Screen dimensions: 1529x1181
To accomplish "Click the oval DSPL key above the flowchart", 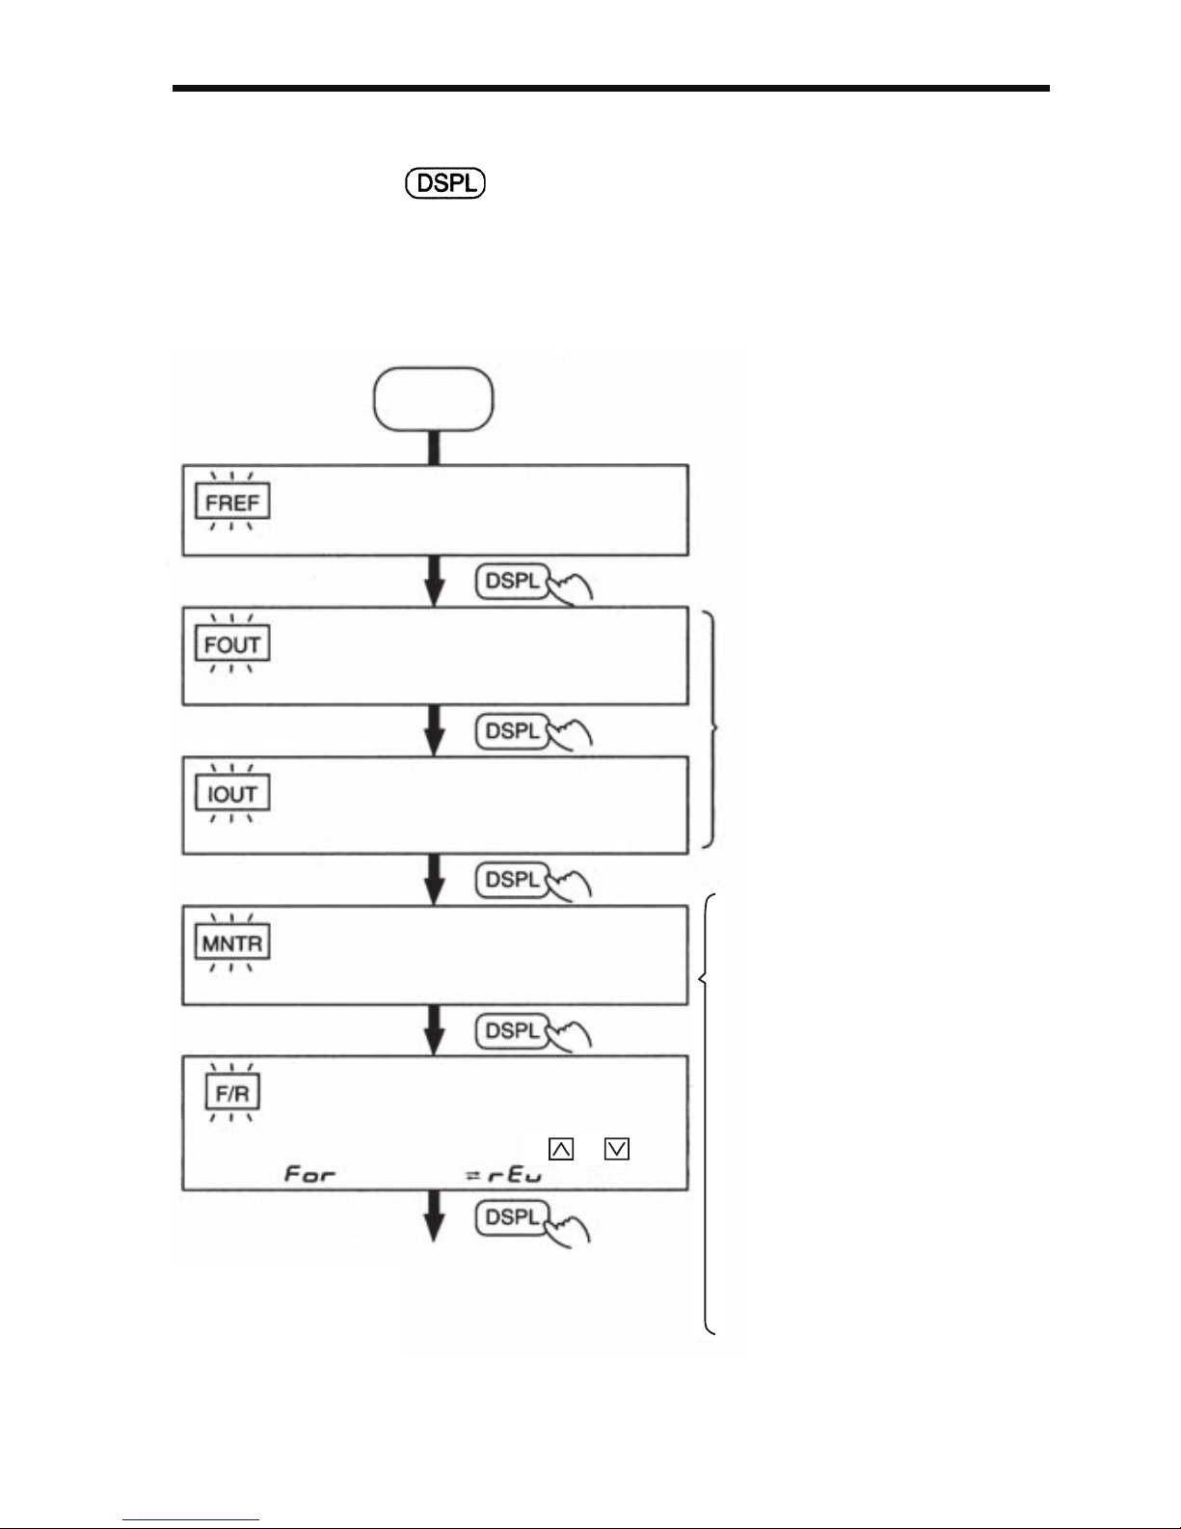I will (445, 183).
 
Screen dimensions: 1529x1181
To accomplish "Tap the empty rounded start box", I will (434, 399).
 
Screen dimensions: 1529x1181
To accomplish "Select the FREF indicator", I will (231, 503).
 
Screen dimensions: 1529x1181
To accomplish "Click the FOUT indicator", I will (232, 644).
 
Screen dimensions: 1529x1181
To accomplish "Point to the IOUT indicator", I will (232, 794).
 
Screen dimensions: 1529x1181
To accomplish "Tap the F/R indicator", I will (232, 1094).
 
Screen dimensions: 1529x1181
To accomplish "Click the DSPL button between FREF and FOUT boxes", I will (513, 582).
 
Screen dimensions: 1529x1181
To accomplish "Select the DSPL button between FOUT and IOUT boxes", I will (513, 731).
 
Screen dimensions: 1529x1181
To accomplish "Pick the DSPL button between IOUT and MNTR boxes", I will (513, 880).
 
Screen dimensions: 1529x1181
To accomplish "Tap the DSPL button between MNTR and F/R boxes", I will (513, 1030).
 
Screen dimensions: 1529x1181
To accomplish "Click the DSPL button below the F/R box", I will (513, 1217).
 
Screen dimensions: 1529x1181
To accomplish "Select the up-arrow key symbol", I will (560, 1149).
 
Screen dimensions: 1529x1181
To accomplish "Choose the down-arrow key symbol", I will (618, 1149).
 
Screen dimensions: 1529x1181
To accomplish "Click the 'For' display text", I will (309, 1175).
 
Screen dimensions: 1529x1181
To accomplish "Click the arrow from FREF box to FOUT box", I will (435, 582).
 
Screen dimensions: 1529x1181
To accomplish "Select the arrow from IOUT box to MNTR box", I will (435, 880).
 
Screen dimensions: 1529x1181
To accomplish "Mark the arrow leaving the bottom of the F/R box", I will (435, 1217).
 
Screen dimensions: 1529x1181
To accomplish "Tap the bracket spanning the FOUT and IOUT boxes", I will (713, 728).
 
